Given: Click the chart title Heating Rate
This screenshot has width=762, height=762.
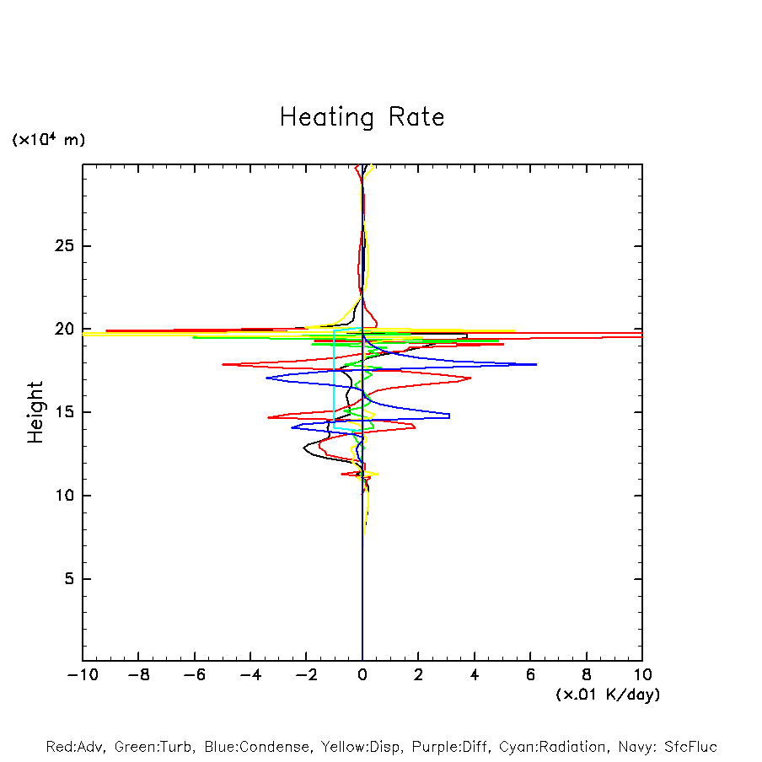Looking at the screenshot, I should pyautogui.click(x=362, y=117).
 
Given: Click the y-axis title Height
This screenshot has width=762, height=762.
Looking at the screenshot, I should pyautogui.click(x=35, y=412).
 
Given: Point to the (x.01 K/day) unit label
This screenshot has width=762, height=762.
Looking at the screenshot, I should pyautogui.click(x=607, y=695).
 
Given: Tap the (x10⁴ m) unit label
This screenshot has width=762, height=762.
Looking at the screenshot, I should pyautogui.click(x=48, y=139).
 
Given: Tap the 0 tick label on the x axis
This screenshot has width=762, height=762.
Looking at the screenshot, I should pyautogui.click(x=362, y=675).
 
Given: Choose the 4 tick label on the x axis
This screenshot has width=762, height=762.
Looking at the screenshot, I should pyautogui.click(x=475, y=675).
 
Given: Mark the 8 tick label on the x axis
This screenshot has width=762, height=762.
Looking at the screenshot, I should pyautogui.click(x=587, y=675).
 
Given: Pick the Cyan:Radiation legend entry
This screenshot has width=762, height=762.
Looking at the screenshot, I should pyautogui.click(x=552, y=747).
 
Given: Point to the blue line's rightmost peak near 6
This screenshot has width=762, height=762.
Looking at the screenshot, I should pyautogui.click(x=536, y=364).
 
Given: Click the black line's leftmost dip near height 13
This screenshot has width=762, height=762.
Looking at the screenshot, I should pyautogui.click(x=304, y=449).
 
